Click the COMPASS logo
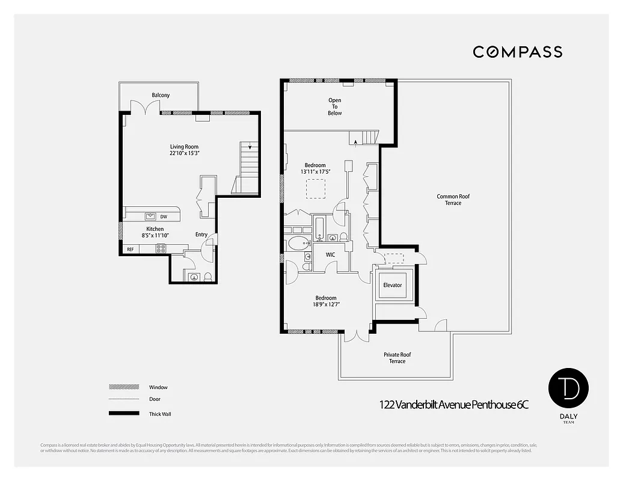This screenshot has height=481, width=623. point(517,52)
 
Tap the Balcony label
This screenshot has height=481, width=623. point(161,95)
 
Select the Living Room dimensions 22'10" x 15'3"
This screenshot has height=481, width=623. point(184,153)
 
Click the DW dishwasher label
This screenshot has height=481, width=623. point(164,216)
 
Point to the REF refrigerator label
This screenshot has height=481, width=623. point(130,249)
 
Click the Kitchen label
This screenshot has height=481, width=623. point(155,229)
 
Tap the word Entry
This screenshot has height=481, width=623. point(201,234)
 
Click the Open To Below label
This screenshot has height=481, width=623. point(335,106)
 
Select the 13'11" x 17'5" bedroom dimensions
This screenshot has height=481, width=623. point(315,172)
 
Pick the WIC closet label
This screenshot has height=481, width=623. point(330,255)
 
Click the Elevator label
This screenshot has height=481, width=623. point(392,285)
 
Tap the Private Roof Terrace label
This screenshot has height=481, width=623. point(397,358)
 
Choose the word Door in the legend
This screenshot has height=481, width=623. point(155,399)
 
